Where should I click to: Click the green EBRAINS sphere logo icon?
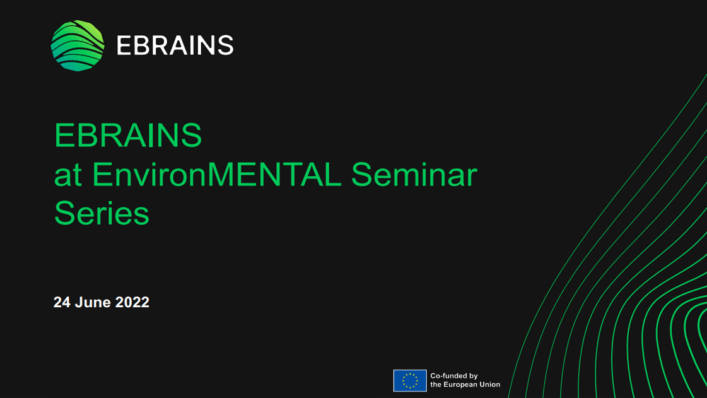(78, 45)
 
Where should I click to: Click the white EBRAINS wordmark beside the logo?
(175, 45)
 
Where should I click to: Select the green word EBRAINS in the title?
(128, 135)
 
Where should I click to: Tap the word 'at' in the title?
(67, 175)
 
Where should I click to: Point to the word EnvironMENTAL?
(216, 174)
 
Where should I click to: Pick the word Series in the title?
(102, 213)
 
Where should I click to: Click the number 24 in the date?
(62, 302)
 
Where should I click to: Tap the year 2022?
(132, 302)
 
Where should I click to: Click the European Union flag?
(410, 380)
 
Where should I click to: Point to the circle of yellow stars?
(410, 380)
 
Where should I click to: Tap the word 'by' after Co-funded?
(474, 376)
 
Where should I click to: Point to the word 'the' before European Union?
(436, 385)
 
